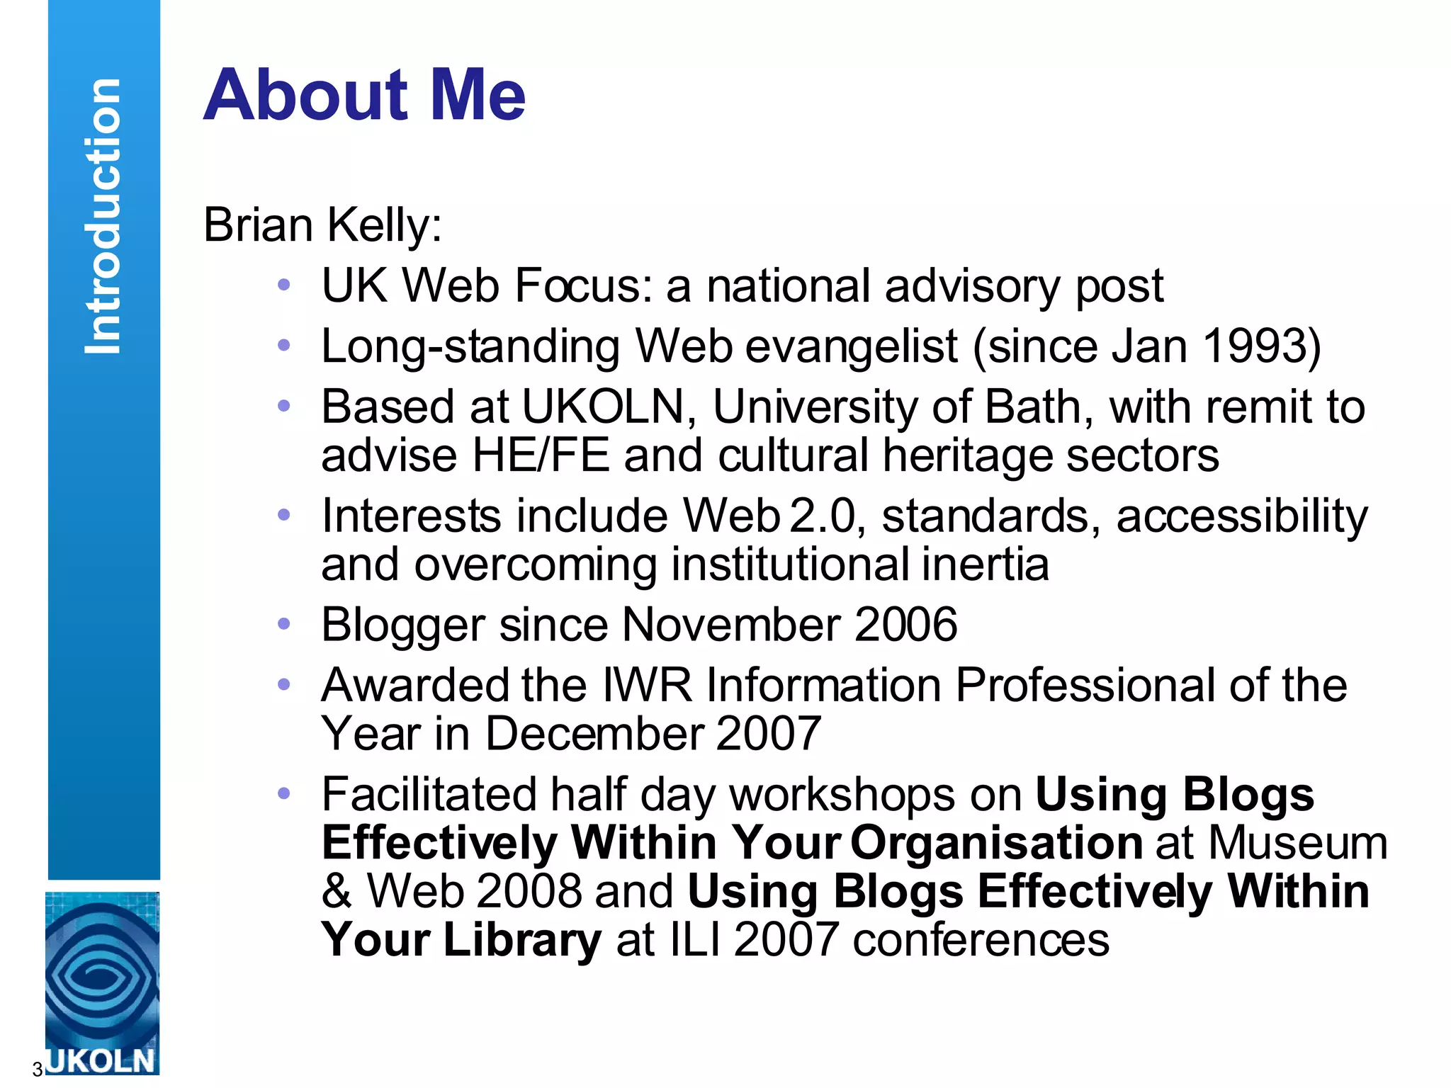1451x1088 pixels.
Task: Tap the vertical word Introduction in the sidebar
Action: pyautogui.click(x=103, y=216)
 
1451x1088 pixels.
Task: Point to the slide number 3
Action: pyautogui.click(x=37, y=1069)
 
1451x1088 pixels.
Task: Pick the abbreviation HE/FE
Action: pyautogui.click(x=541, y=455)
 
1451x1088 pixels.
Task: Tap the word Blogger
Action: pyautogui.click(x=403, y=625)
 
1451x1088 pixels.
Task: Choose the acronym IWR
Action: pyautogui.click(x=647, y=685)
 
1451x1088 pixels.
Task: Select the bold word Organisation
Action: pyautogui.click(x=996, y=843)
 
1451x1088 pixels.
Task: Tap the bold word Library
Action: pyautogui.click(x=523, y=940)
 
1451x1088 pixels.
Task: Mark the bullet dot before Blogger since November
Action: pyautogui.click(x=284, y=624)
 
